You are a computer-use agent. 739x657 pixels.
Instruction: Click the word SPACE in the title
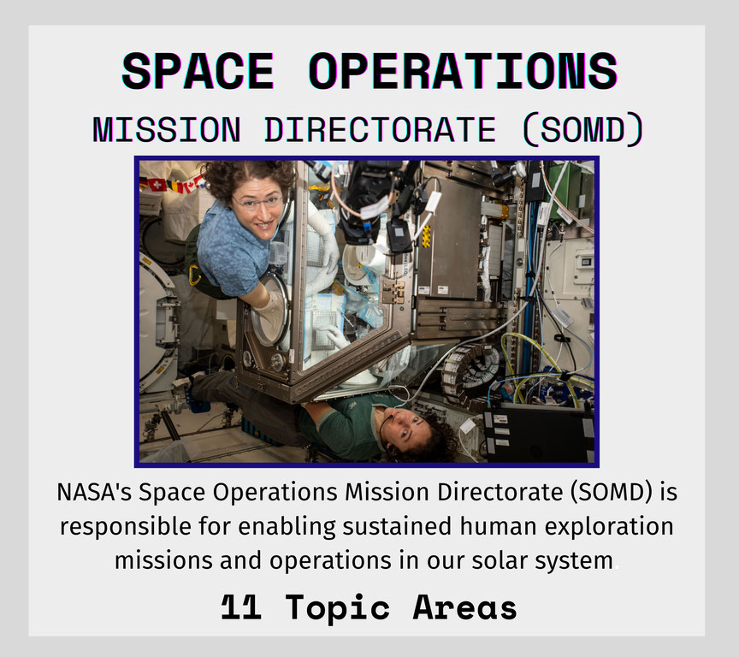198,71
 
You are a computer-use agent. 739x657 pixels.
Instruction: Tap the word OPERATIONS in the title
463,71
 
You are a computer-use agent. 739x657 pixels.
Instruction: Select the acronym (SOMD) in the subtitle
583,130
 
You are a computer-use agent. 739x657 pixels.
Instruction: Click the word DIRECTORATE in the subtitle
380,130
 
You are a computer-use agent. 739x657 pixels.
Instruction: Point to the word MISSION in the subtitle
167,130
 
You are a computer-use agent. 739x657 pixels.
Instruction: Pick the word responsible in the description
125,526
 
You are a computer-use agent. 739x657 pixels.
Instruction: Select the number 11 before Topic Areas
241,607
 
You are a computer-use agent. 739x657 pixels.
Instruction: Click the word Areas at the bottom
464,607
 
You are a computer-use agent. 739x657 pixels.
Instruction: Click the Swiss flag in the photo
157,185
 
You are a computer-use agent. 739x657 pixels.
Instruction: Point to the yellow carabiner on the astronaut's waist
194,275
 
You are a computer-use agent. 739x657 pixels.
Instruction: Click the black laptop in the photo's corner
540,433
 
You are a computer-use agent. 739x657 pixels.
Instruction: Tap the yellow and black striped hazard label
426,236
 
